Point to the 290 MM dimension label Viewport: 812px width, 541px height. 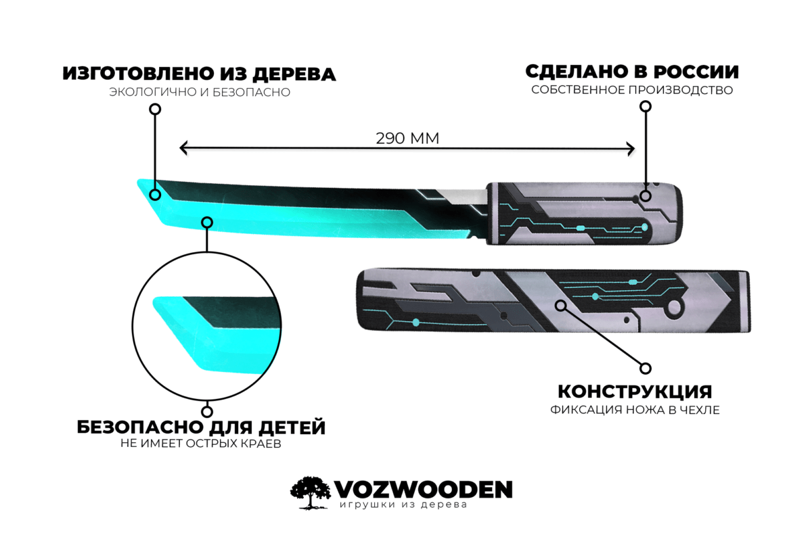407,138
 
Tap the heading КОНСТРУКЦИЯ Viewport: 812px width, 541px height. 634,392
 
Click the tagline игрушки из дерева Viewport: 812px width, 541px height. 403,506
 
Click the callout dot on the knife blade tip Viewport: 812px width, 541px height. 155,195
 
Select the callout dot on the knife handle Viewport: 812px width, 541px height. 646,196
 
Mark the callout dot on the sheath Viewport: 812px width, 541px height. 560,306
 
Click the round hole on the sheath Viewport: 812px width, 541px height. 675,308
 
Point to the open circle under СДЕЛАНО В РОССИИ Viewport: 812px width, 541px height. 646,106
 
